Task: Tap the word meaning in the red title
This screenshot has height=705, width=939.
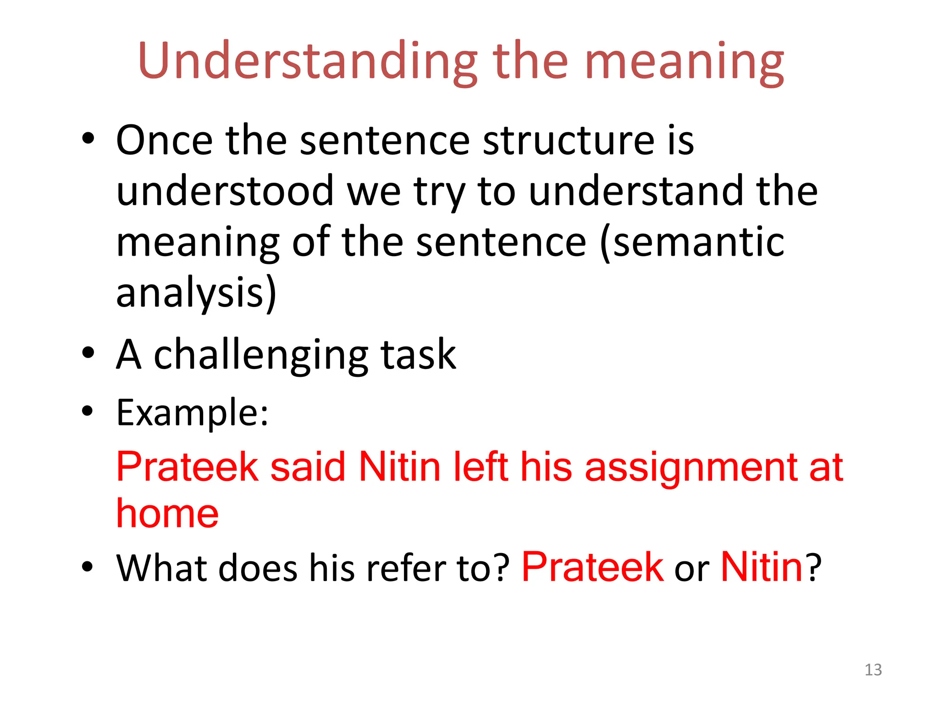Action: tap(684, 62)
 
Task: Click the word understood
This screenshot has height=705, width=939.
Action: tap(225, 191)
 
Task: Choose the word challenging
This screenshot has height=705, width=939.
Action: tap(261, 354)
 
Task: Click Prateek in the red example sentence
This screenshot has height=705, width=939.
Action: tap(188, 467)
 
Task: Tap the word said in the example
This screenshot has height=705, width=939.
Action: tap(308, 467)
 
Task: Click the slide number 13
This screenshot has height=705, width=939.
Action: tap(873, 670)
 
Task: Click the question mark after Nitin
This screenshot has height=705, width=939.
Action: tap(814, 568)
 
